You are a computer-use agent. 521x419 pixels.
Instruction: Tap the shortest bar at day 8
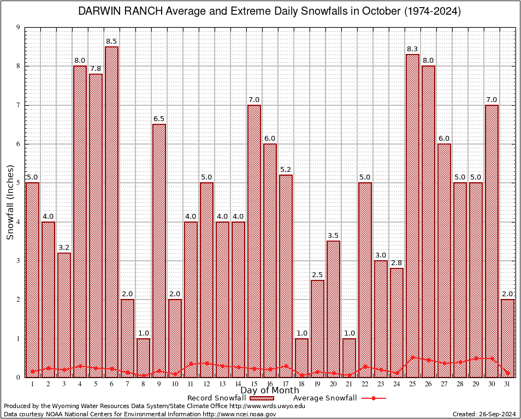click(143, 357)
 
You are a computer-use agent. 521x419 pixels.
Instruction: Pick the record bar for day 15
click(254, 241)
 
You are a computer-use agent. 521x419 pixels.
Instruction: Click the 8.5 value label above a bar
click(111, 41)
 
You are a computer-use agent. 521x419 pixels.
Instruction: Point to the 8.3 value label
click(412, 49)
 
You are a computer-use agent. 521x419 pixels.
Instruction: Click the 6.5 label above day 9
click(159, 119)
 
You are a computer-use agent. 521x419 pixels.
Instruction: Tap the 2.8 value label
click(396, 263)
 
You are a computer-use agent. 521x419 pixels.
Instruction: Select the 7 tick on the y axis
click(19, 105)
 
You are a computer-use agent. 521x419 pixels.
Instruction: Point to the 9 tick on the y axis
click(19, 27)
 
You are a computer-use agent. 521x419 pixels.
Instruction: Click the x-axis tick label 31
click(508, 384)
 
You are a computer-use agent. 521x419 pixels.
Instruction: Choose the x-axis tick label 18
click(301, 384)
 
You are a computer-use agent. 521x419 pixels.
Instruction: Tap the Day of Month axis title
click(269, 391)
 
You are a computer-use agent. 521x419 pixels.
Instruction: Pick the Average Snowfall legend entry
click(339, 398)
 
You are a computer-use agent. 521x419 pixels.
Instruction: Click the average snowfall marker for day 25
click(412, 357)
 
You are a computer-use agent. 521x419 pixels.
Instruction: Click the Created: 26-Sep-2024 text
click(484, 414)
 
